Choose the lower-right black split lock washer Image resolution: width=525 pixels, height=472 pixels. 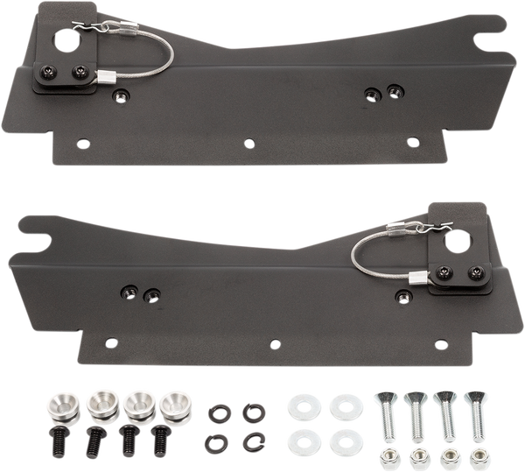click(253, 439)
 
